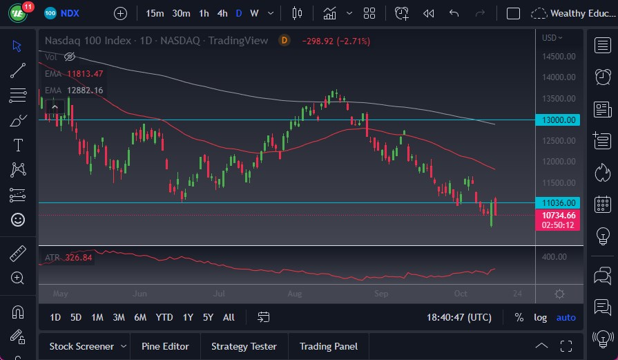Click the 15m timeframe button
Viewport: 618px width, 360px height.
point(155,13)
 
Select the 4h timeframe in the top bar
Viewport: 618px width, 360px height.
point(222,13)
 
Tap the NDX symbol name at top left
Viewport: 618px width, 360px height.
point(70,13)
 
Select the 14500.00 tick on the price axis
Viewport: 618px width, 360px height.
point(559,57)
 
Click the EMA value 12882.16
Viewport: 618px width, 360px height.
point(85,91)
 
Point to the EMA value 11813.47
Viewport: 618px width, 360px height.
point(85,74)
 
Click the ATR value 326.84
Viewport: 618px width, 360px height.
point(78,258)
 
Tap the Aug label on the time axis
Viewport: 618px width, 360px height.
point(295,294)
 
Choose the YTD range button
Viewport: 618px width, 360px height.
point(164,317)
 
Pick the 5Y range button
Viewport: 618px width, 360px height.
point(208,317)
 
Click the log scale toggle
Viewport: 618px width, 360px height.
point(541,317)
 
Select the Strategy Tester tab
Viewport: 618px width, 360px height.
point(244,346)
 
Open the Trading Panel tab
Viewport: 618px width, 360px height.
point(328,346)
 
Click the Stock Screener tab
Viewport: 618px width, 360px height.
point(82,346)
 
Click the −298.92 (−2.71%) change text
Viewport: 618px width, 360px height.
point(336,41)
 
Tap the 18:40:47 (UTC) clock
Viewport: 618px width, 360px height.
point(459,317)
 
